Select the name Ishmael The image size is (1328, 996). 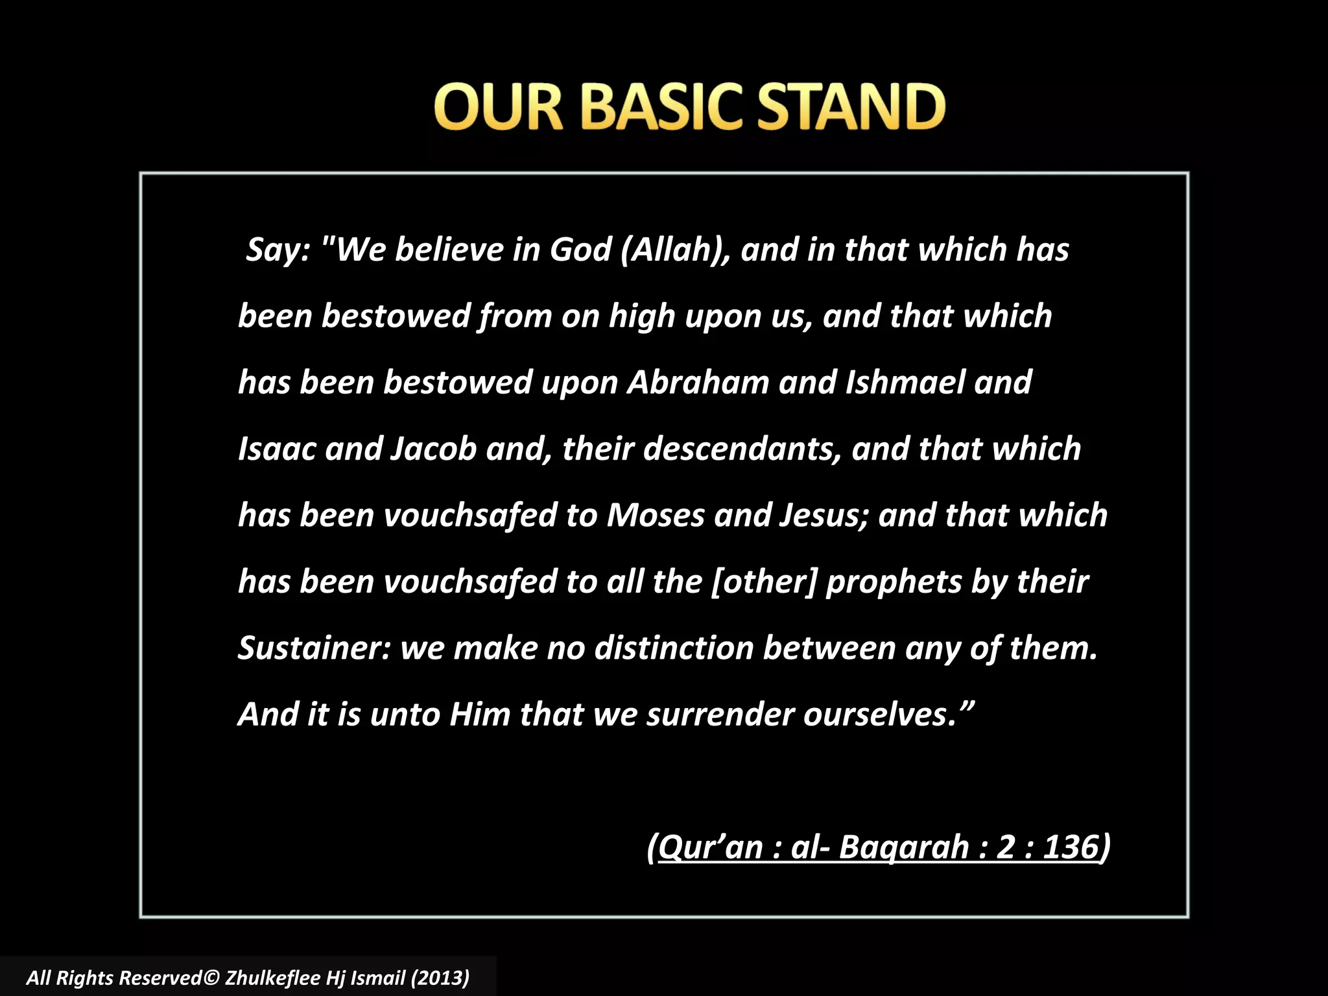tap(905, 383)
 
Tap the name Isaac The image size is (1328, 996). tap(277, 449)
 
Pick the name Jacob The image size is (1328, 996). tap(434, 449)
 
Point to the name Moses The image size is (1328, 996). tap(656, 516)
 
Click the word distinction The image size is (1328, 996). tap(674, 648)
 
